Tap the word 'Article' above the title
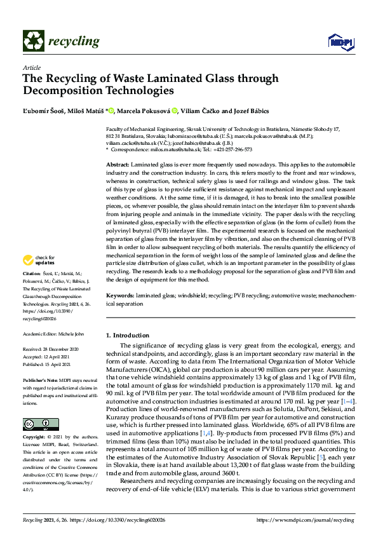(31, 67)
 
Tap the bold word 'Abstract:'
(121, 165)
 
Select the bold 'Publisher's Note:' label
(41, 379)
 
